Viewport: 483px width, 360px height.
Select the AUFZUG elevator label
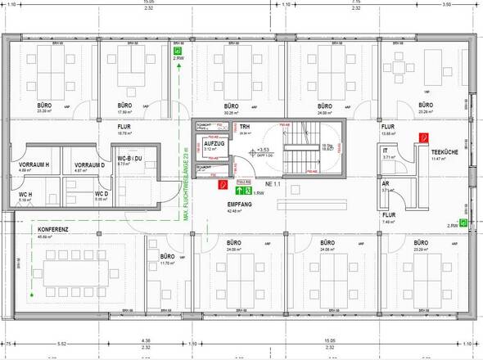click(203, 142)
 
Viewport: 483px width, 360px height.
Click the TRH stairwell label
click(244, 128)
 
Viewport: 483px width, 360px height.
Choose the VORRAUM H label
click(35, 166)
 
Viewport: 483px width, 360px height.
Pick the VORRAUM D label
click(89, 166)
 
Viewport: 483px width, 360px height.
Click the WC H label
click(25, 193)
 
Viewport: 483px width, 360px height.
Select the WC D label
click(79, 193)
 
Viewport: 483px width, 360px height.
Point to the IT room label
click(386, 151)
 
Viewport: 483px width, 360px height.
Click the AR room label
click(386, 183)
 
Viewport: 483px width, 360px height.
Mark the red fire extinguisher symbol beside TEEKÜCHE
click(424, 137)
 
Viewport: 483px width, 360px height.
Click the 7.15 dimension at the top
click(380, 3)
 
